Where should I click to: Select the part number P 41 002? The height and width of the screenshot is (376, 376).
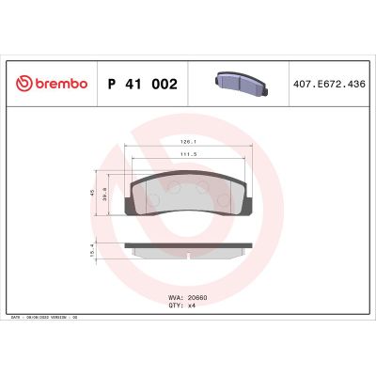tap(143, 85)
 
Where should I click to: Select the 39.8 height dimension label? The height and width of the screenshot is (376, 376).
tap(104, 196)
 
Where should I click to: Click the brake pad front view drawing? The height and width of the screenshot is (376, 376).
tap(188, 195)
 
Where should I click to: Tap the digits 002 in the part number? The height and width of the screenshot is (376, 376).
tap(164, 85)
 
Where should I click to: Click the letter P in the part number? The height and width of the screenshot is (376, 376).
tap(113, 85)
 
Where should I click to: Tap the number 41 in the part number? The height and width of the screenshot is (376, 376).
tap(133, 85)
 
